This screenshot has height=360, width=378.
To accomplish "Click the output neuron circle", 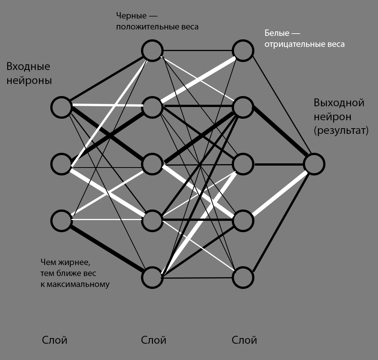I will [x=314, y=164].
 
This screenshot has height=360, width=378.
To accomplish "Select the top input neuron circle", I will [x=62, y=107].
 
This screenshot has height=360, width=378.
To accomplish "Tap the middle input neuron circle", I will [x=62, y=164].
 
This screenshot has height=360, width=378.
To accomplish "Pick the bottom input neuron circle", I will [x=62, y=220].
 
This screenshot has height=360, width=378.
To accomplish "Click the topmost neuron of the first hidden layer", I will [x=152, y=50].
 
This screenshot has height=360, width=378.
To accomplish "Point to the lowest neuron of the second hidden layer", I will [x=243, y=278].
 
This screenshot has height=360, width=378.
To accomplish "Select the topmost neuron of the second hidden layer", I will [x=243, y=50].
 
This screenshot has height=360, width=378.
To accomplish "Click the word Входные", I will [x=28, y=67].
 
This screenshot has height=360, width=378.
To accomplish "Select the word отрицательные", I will [x=294, y=44].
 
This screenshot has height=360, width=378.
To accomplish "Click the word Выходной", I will [x=339, y=103].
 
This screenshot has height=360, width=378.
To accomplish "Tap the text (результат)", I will [x=341, y=130].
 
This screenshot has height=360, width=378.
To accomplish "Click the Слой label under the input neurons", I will [x=55, y=340].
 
